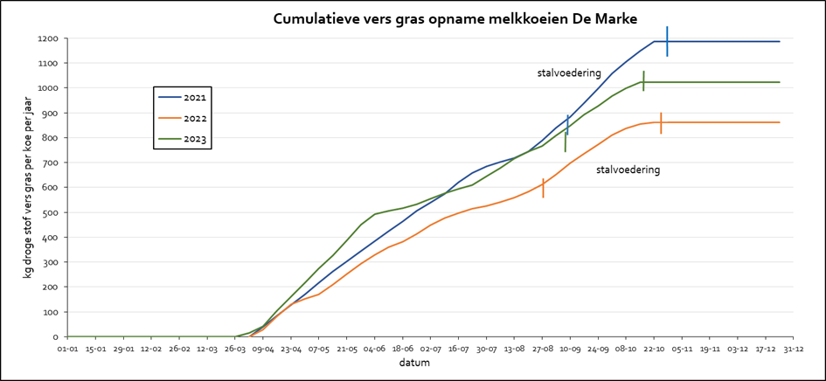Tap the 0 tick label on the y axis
(x=55, y=337)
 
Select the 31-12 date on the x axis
(x=793, y=349)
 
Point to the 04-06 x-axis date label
(x=375, y=349)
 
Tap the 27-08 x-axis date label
(x=543, y=349)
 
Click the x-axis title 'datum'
(x=416, y=364)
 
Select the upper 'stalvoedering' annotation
(x=569, y=73)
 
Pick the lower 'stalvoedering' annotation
(x=628, y=170)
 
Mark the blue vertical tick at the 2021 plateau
(x=667, y=41)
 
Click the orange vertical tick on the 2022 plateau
(x=661, y=122)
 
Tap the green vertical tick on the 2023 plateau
(x=643, y=81)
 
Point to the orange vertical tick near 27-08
(x=543, y=188)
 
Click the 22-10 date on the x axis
(x=654, y=349)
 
